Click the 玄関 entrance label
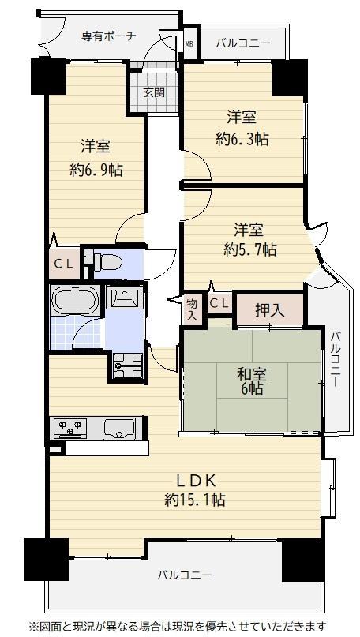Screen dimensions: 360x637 154,92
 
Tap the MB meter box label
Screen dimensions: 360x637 189,43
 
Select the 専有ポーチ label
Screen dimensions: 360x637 108,36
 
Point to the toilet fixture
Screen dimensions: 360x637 107,261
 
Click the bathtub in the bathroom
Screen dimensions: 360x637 75,299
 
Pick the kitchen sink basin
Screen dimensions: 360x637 118,429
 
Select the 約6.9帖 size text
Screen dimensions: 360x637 96,169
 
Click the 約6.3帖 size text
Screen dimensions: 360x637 242,140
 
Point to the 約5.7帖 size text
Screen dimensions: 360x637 250,250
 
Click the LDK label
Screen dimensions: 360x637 195,481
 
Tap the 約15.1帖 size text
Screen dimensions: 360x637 195,499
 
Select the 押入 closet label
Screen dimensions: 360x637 269,310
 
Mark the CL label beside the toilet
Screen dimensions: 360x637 64,264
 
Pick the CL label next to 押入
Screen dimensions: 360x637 219,303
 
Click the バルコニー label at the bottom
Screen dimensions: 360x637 185,575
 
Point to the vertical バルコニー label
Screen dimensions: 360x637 336,359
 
